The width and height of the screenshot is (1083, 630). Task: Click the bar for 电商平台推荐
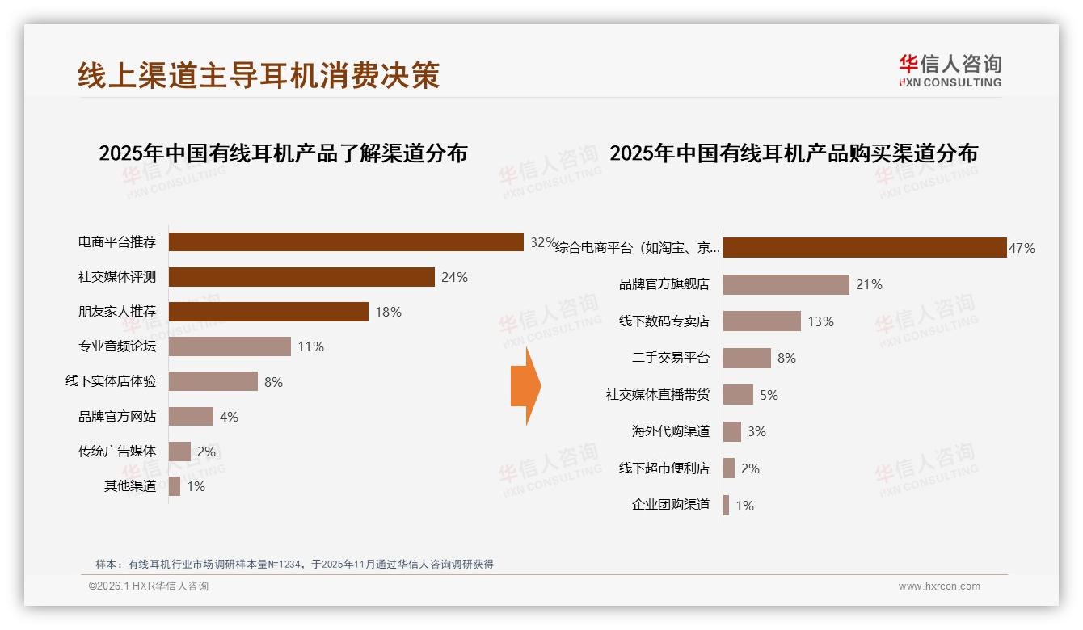click(x=346, y=242)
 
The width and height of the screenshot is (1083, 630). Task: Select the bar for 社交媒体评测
click(x=301, y=277)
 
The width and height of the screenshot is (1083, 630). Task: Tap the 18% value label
click(x=388, y=312)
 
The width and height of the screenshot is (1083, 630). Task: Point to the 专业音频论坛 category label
click(x=117, y=346)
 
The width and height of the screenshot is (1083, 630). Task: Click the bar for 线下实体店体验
click(x=213, y=381)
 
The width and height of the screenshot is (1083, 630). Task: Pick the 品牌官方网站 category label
click(x=117, y=417)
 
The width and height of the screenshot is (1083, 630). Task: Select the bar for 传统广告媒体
click(x=179, y=451)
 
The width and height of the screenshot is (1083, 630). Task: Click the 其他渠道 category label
click(x=130, y=486)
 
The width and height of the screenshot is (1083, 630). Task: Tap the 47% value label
click(x=1022, y=248)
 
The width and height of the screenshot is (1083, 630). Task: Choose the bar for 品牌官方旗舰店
click(x=786, y=284)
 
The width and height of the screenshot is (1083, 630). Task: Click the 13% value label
click(x=820, y=321)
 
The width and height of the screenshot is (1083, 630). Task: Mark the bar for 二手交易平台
click(x=747, y=358)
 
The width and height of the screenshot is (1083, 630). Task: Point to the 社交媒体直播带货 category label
click(x=658, y=395)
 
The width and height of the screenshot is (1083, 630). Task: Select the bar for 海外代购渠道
click(x=732, y=431)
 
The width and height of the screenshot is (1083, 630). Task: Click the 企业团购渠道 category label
click(x=671, y=505)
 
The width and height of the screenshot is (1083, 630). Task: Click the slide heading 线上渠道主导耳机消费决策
click(x=259, y=75)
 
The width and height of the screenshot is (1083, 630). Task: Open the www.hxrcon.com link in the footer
click(x=939, y=586)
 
